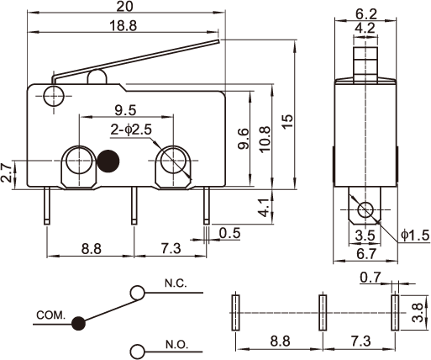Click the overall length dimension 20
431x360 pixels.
pos(124,6)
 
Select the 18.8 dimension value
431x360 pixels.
pos(124,26)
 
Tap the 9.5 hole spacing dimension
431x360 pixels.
pos(125,110)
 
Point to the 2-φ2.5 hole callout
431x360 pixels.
pos(131,130)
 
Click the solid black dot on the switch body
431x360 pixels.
pos(108,161)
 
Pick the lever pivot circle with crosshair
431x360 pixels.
pos(54,96)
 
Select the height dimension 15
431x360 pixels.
pos(287,121)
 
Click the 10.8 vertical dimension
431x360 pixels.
pos(265,139)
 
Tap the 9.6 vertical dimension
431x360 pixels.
pos(243,139)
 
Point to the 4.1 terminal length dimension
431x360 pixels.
pos(265,208)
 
